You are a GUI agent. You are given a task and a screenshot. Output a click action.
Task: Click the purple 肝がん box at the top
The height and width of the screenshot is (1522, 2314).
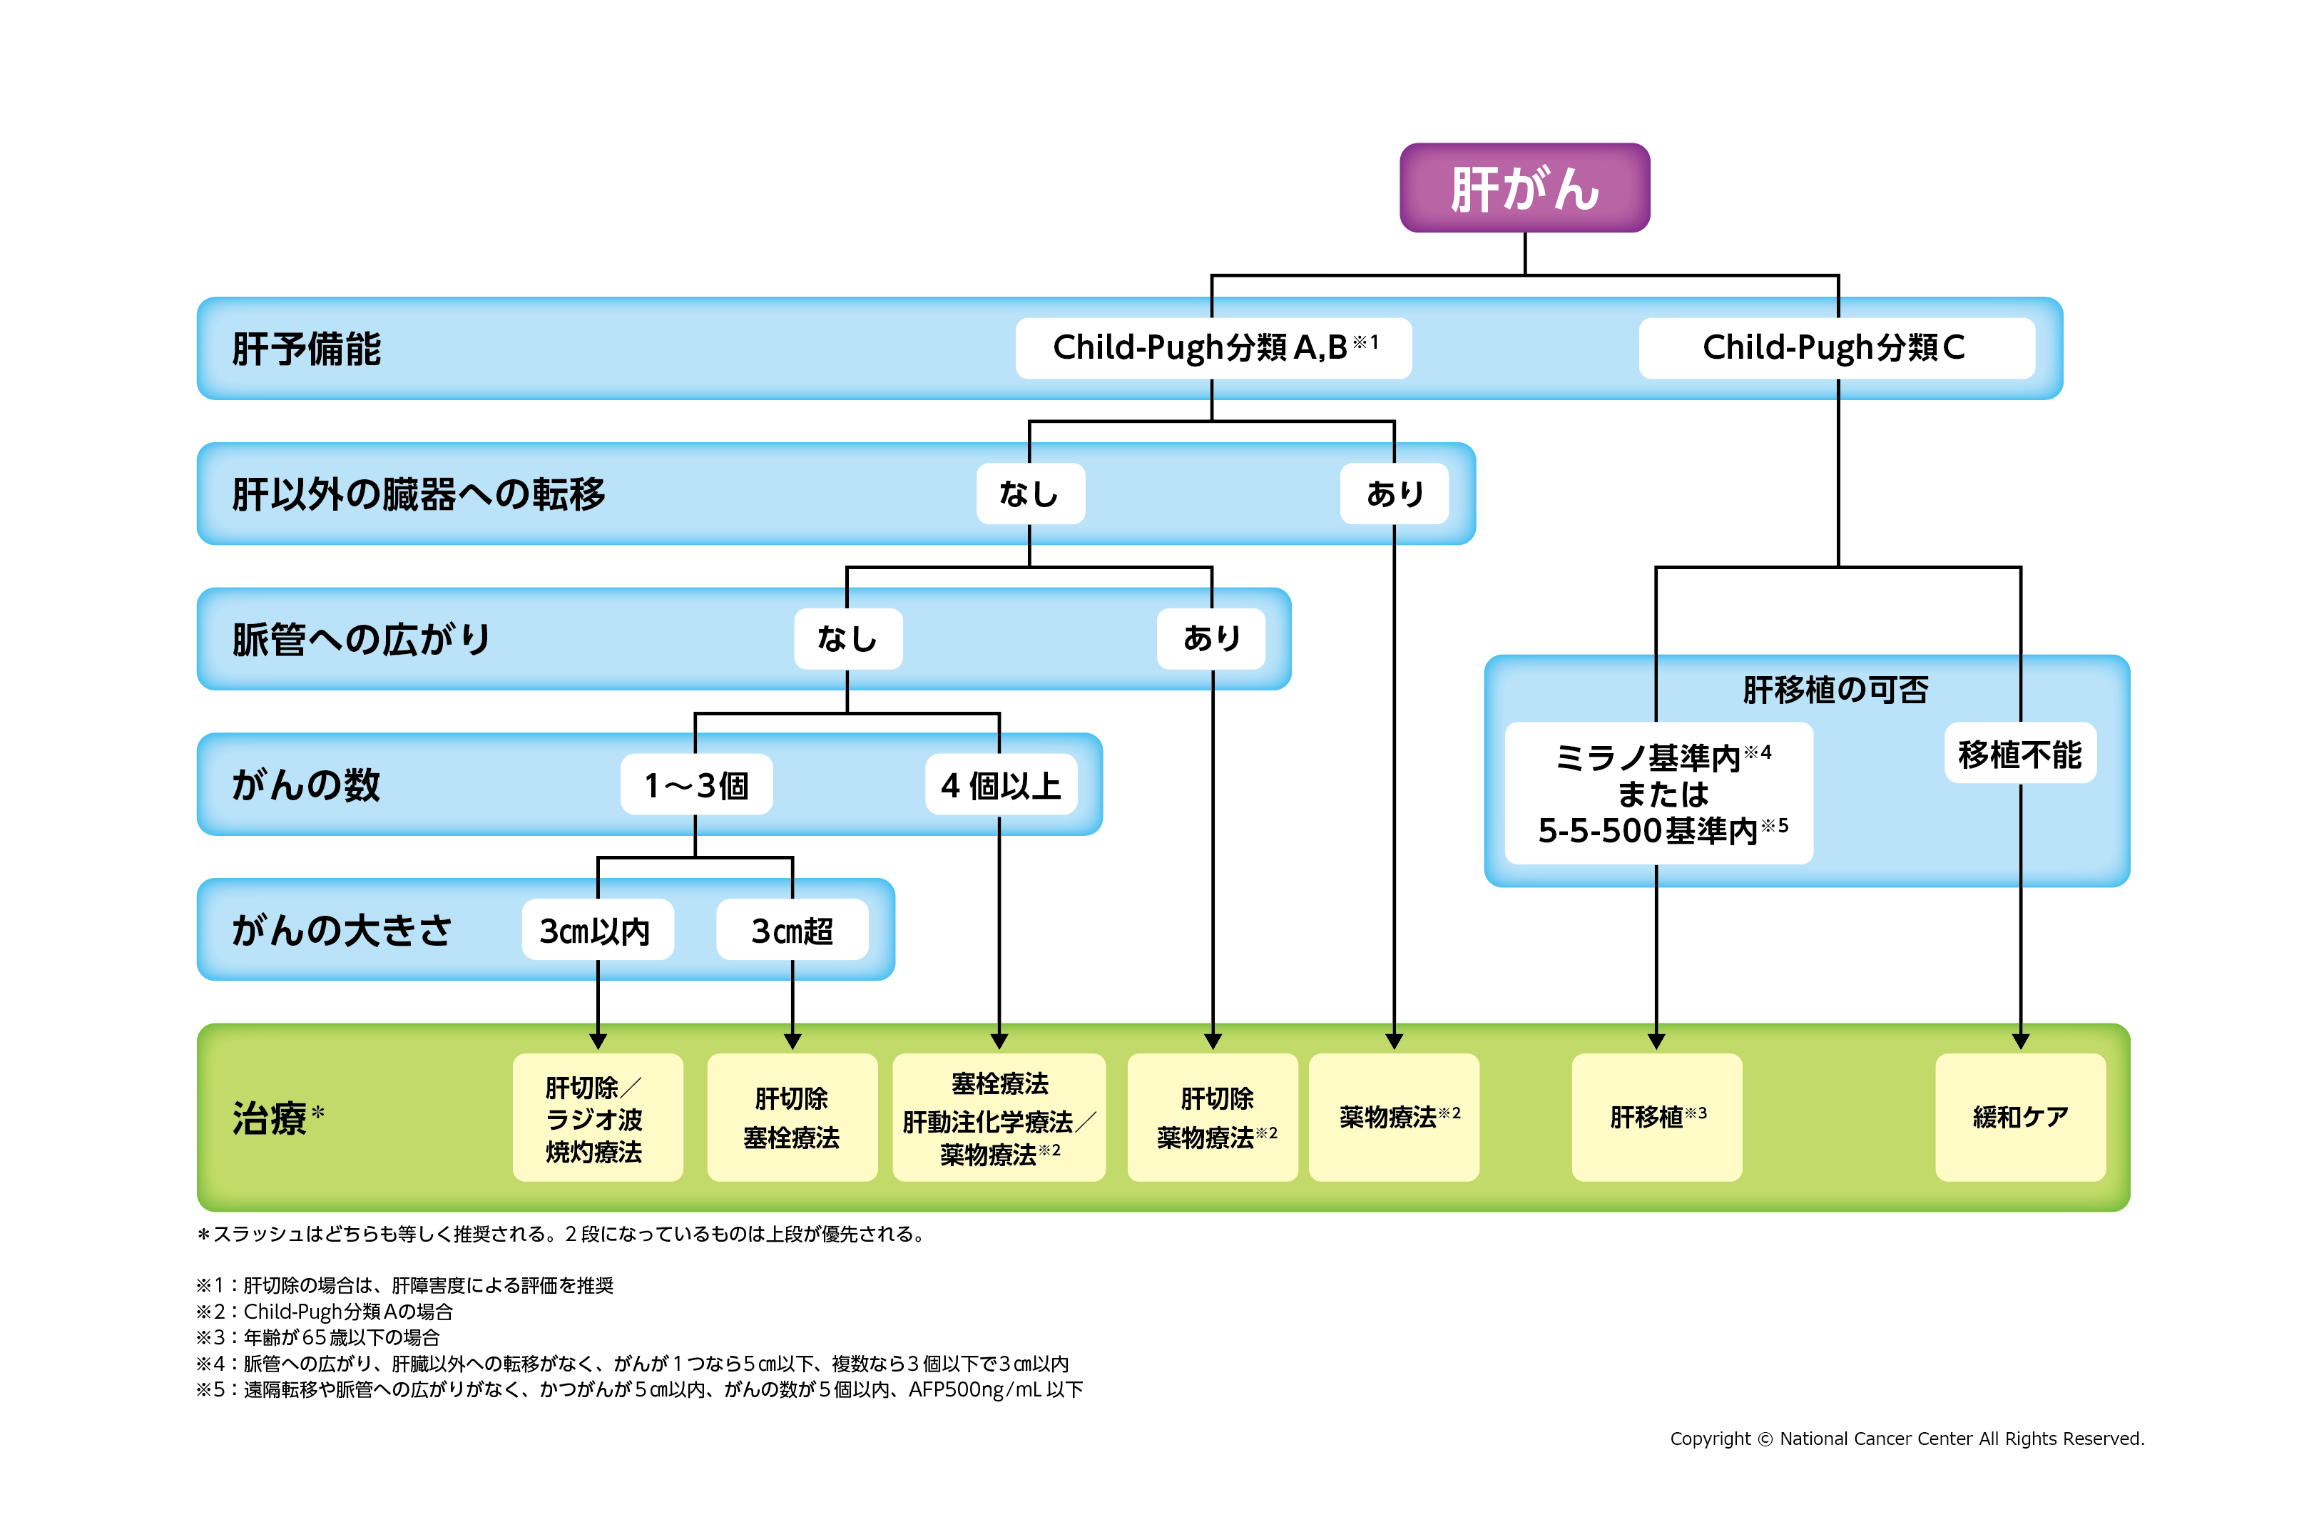coord(1524,188)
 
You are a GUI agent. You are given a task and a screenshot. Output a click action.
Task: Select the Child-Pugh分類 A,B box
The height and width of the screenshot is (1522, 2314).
coord(1213,348)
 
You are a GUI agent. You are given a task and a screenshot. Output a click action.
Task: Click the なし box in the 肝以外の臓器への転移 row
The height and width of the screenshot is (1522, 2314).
coord(1029,494)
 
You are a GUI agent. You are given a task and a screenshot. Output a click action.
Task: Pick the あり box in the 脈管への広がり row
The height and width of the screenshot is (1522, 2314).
coord(1210,638)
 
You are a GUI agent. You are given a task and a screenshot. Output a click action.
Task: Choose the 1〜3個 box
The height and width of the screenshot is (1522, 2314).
coord(696,785)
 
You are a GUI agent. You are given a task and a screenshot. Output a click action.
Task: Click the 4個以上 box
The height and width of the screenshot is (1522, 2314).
coord(1001,785)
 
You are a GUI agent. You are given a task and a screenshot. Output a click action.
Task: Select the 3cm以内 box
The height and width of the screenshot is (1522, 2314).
coord(597,930)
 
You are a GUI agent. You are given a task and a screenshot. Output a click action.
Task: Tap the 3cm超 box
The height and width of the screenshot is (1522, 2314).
coord(792,930)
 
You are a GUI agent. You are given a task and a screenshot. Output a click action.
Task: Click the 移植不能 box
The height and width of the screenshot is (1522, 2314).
coord(2019,753)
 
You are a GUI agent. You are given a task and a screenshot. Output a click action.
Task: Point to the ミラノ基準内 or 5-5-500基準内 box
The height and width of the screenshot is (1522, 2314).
coord(1658,793)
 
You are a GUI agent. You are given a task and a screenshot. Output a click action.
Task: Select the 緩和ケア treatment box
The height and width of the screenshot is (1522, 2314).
coord(2019,1117)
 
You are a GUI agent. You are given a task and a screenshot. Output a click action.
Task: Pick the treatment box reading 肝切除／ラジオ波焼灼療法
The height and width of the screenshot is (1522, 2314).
coord(597,1118)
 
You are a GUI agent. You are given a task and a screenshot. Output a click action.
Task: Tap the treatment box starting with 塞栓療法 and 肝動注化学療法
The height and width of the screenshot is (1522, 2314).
coord(999,1118)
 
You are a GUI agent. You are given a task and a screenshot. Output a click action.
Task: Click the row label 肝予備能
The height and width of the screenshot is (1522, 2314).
coord(306,349)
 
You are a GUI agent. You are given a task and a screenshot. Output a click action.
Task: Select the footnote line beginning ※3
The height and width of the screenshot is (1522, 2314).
coord(318,1337)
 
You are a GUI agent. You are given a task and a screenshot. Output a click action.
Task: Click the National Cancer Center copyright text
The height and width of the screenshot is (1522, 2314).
coord(1906,1439)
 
